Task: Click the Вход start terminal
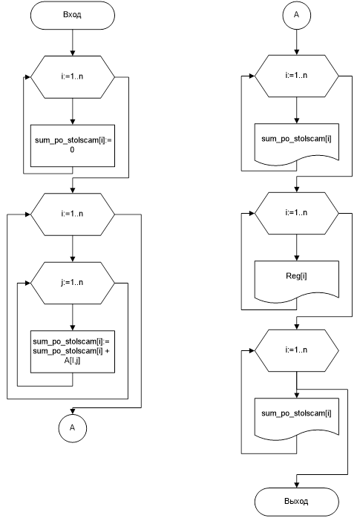click(72, 15)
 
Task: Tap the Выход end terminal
click(297, 502)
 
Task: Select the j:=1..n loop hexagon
click(72, 283)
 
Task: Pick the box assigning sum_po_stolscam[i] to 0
click(72, 145)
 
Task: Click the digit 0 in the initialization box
click(72, 150)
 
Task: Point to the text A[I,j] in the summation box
click(72, 361)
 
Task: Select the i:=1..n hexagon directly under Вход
click(72, 77)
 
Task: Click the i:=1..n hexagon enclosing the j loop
click(72, 214)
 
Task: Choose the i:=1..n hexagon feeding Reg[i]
click(297, 213)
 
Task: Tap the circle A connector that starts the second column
click(297, 15)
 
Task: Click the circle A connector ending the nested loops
click(72, 427)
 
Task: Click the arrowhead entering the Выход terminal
click(297, 485)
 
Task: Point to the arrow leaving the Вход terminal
click(72, 42)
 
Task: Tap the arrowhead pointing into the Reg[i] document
click(297, 258)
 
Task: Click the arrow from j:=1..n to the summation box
click(72, 318)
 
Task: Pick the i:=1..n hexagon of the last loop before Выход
click(297, 350)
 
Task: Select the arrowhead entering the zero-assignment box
click(72, 122)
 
